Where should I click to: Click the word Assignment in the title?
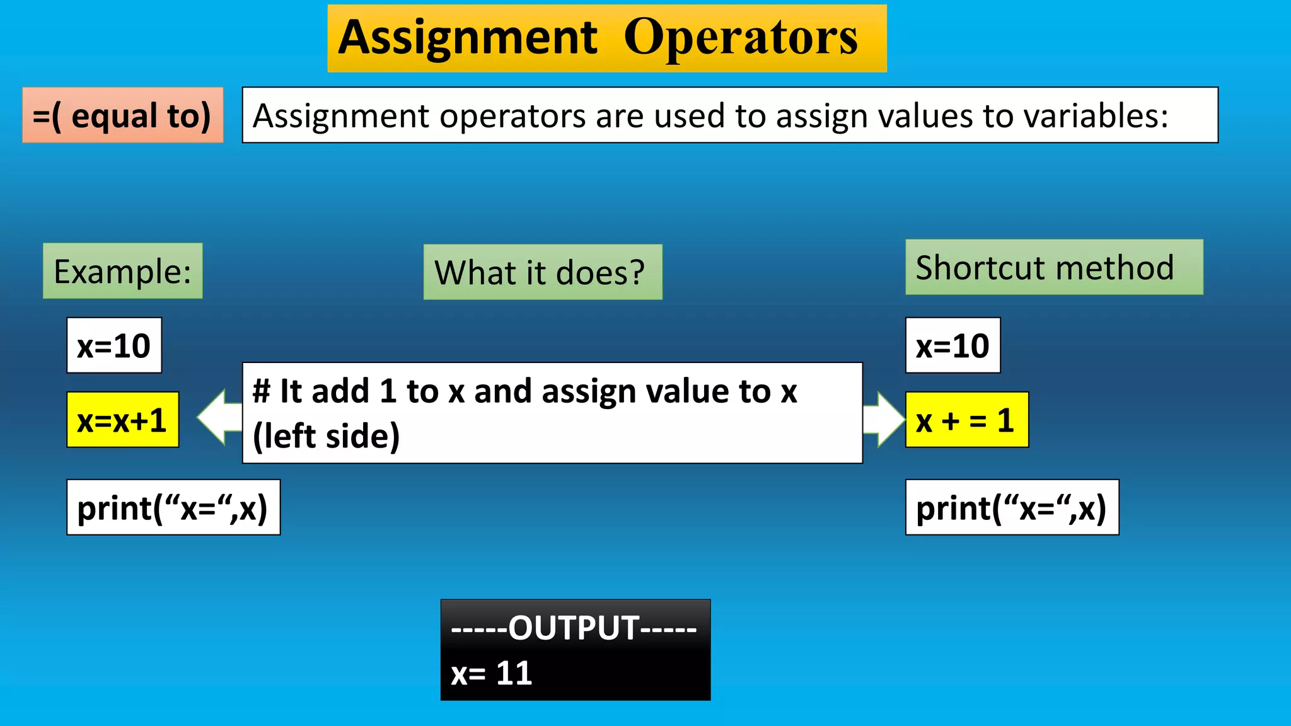coord(467,38)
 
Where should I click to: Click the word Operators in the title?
coord(741,38)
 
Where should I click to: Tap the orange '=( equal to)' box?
coord(122,115)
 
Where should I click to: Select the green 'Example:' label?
coord(122,271)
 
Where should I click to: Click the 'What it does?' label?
coord(542,272)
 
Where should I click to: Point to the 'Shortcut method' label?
coord(1053,267)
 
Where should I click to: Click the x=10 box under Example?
coord(114,345)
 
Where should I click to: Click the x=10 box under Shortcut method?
coord(952,345)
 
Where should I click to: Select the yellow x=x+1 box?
coord(122,420)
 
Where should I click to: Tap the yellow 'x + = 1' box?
coord(966,420)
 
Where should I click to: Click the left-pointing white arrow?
coord(218,417)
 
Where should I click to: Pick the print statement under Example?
coord(173,507)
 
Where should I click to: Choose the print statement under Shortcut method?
coord(1012,507)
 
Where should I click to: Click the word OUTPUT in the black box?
coord(574,628)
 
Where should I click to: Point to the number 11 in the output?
coord(514,673)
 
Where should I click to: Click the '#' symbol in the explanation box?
coord(261,391)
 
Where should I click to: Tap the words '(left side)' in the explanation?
coord(327,436)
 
